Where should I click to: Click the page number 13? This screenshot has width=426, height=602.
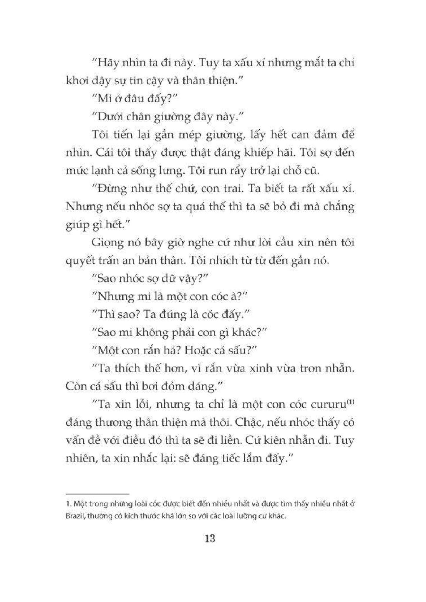(211, 539)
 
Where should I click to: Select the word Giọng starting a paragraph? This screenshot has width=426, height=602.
(107, 243)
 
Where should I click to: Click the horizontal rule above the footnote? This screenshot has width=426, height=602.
(97, 494)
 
